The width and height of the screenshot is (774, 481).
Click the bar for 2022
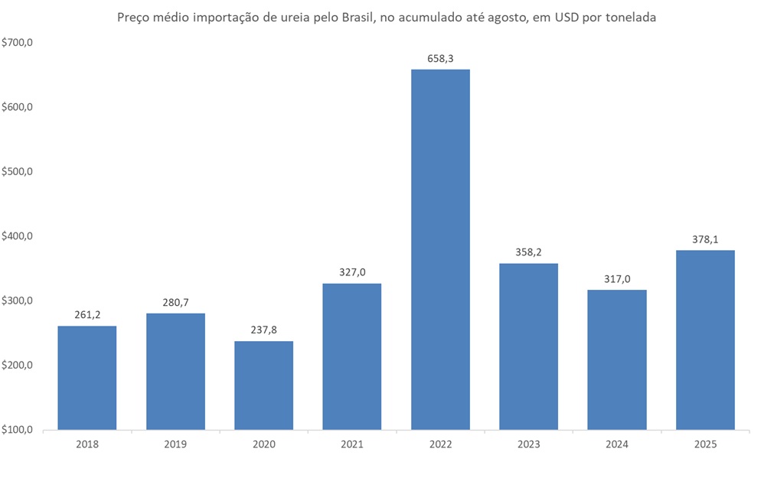point(440,249)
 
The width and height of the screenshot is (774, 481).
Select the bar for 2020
point(263,385)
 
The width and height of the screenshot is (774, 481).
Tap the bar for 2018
point(87,378)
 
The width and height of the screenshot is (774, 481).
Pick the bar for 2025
point(705,340)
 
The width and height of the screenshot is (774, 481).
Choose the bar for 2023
point(528,346)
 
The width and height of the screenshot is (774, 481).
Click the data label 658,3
point(440,58)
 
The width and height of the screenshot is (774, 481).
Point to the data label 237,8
point(263,330)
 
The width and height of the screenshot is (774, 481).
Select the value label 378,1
point(705,239)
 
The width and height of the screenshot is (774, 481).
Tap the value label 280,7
point(175,302)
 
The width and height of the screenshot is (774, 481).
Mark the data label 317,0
point(617,278)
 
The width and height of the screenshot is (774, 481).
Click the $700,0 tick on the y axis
point(19,43)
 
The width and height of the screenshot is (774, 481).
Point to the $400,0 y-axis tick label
point(19,236)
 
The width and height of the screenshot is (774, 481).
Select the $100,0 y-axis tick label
point(19,430)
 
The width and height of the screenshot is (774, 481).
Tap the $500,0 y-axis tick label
point(19,172)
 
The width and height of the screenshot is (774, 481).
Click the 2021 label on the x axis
point(352,444)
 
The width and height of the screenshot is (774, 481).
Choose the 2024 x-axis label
point(617,444)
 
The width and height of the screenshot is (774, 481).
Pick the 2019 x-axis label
point(175,444)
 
